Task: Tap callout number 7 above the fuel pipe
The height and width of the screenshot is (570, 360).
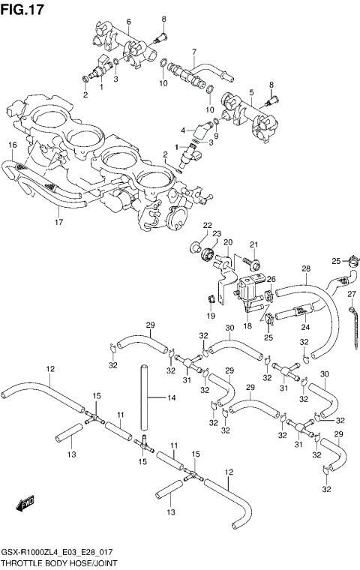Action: pos(193,52)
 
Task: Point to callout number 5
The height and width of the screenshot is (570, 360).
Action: pos(251,93)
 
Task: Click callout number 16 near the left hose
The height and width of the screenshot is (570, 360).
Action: pos(13,145)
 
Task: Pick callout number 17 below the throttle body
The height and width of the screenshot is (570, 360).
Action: pos(58,222)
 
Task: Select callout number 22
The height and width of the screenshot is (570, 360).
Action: pos(208,225)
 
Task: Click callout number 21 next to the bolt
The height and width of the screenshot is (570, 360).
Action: pos(254,244)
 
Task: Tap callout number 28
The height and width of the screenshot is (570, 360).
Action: pos(306,268)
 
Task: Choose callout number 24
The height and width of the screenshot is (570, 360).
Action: pos(306,327)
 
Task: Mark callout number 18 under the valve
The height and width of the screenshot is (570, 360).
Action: pos(247,327)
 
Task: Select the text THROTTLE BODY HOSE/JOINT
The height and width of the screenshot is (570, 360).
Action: pos(58,562)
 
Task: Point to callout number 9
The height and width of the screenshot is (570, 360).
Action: pos(216,136)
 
